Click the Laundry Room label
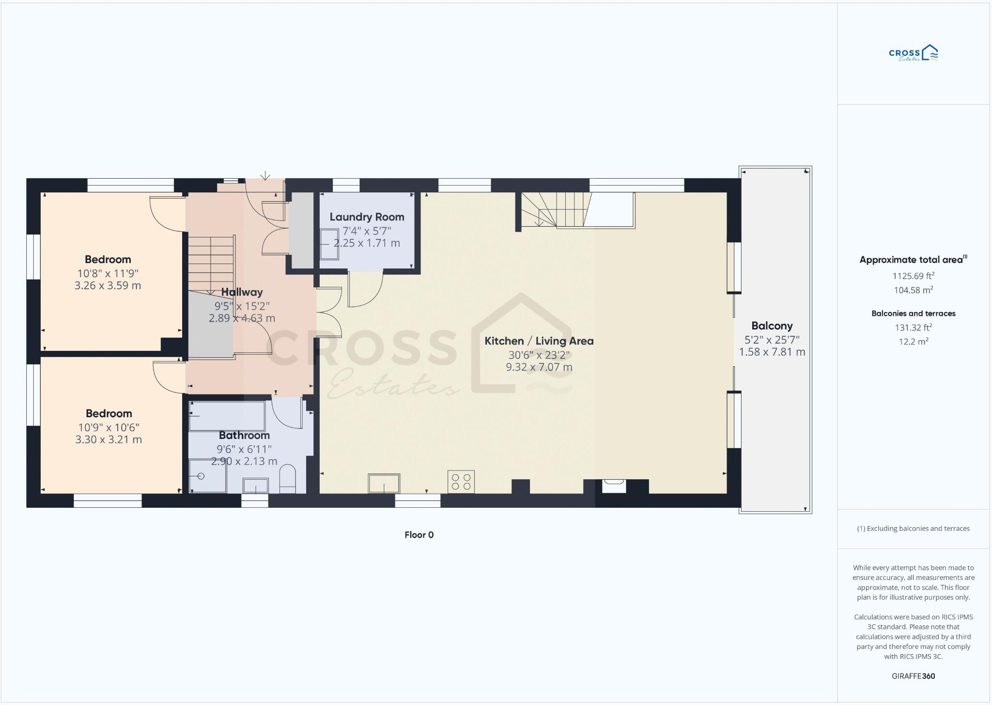367,217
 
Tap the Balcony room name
772,326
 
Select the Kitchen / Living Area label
539,341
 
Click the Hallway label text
242,292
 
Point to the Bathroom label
244,435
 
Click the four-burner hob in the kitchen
461,482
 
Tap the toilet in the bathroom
287,478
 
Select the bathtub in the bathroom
227,416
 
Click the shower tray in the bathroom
207,476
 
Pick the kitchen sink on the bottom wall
384,483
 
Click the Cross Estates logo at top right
913,53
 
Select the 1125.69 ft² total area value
913,276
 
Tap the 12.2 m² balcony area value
913,341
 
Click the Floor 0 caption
419,535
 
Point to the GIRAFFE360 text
913,676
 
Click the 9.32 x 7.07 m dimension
539,367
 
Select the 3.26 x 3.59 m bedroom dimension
108,285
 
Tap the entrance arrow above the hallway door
265,175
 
